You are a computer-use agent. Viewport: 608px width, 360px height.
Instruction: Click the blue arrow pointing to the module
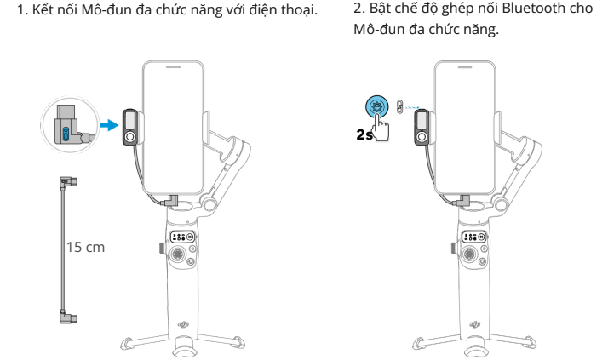tap(109, 125)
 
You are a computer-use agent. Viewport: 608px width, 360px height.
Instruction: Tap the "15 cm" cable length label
tap(85, 247)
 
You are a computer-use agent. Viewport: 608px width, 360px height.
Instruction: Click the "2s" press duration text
tap(364, 134)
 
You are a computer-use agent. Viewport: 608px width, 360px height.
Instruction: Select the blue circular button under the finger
tap(376, 106)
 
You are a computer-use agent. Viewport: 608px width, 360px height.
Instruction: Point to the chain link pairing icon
tap(399, 106)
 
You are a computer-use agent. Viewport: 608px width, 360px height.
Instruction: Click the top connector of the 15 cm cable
tap(69, 182)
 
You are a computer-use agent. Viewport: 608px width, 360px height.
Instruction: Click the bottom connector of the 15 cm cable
tap(69, 317)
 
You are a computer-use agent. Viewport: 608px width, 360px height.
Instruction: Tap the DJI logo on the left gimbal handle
tap(183, 324)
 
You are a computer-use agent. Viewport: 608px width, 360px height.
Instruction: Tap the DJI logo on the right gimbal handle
tap(475, 324)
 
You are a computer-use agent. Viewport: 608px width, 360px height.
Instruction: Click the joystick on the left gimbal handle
tap(178, 254)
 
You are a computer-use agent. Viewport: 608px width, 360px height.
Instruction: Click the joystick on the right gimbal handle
tap(469, 254)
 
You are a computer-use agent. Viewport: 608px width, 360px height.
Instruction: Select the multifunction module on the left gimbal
tap(130, 127)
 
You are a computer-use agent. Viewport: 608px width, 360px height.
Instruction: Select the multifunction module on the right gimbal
tap(422, 127)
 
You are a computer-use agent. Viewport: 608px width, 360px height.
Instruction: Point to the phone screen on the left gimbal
tap(174, 127)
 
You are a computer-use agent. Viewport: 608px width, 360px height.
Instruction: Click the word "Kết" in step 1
tap(42, 9)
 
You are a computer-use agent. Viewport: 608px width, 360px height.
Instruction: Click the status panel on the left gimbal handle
tap(182, 237)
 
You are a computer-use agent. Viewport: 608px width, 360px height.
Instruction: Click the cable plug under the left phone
tap(170, 201)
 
